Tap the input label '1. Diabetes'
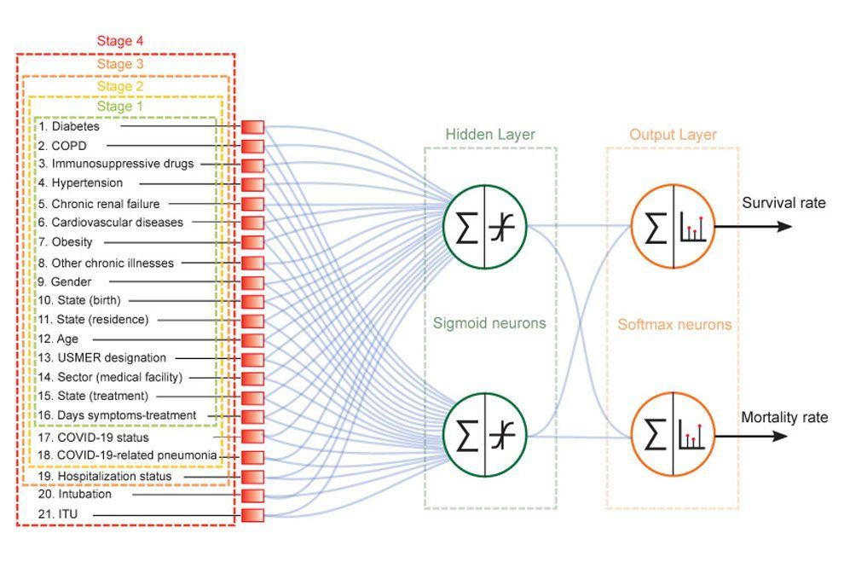point(69,127)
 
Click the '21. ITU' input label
point(55,514)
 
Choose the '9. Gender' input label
point(64,282)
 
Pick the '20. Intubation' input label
point(74,495)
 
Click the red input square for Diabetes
point(252,128)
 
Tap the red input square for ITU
point(252,515)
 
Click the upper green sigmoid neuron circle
point(484,228)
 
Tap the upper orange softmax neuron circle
point(673,228)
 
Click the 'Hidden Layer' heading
point(490,135)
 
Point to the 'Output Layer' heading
point(673,135)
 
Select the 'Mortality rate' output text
point(783,418)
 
